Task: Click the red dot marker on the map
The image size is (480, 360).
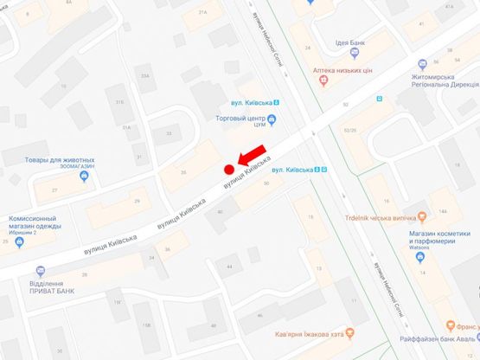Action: point(229,169)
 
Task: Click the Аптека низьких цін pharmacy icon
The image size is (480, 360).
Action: point(323,80)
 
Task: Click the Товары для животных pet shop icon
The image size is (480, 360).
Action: point(83,177)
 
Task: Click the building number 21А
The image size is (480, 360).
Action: point(203,13)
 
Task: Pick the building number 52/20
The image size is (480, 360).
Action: point(349,131)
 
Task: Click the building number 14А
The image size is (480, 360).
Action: point(442,210)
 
